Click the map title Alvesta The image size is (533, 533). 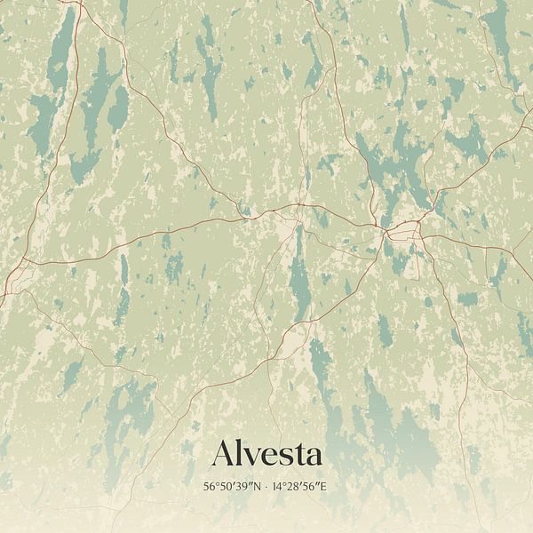(x=266, y=454)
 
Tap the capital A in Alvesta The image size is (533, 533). (x=224, y=454)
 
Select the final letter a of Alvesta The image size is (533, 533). (x=312, y=457)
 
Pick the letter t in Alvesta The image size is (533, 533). (x=296, y=456)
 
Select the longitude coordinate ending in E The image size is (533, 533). (x=300, y=487)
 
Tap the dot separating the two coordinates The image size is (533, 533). (x=266, y=487)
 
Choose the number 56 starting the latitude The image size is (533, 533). (x=210, y=487)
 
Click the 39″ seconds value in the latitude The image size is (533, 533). (x=243, y=487)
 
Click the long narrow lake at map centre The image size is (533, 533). (x=300, y=271)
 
